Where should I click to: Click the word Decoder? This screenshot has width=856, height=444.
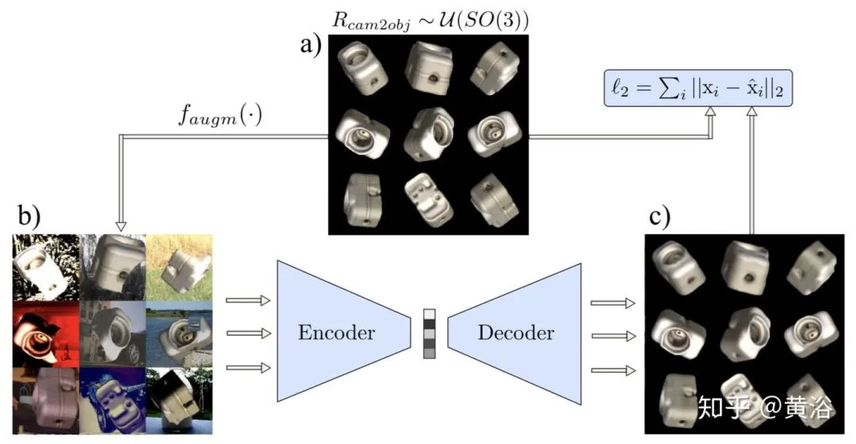(515, 332)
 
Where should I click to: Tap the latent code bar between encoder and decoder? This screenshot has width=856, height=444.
(429, 334)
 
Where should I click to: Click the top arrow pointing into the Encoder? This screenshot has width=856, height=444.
(247, 300)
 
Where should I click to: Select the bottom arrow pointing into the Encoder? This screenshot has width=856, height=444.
(247, 367)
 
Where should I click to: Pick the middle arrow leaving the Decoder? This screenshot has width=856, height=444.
(613, 335)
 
